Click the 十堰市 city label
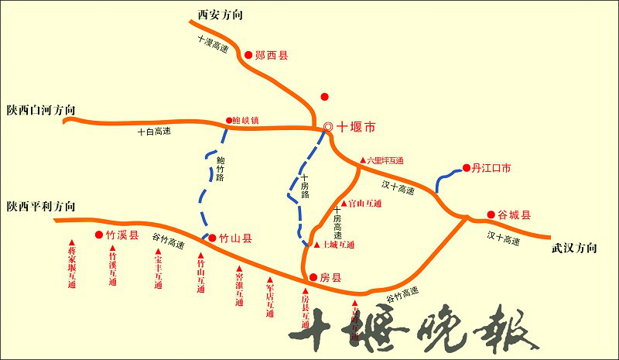(356, 126)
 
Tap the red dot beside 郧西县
(248, 55)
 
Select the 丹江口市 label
(492, 167)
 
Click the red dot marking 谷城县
(491, 214)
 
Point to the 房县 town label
(330, 276)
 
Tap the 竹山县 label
(235, 238)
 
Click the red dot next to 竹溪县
(99, 235)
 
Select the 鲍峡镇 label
(246, 121)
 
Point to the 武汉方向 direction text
(574, 249)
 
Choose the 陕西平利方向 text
(41, 207)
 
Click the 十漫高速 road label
(213, 44)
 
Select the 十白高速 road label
(152, 132)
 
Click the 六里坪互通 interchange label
(385, 160)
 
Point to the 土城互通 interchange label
(337, 245)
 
